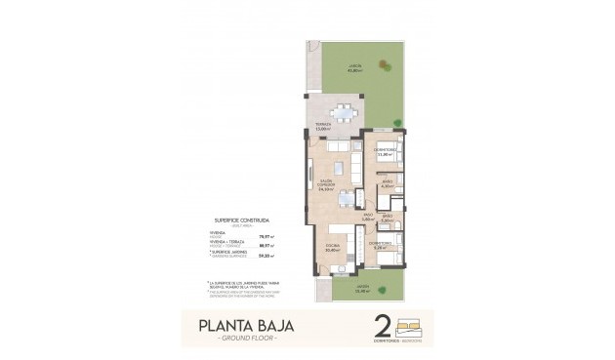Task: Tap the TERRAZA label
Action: tap(322, 126)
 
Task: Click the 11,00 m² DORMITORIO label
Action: tap(384, 152)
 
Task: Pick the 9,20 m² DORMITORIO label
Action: tap(381, 245)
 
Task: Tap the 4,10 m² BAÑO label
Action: tap(388, 183)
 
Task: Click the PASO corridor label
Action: tap(368, 218)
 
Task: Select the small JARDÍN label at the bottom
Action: tap(360, 289)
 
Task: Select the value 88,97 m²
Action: tap(264, 245)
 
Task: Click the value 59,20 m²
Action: tap(264, 255)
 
